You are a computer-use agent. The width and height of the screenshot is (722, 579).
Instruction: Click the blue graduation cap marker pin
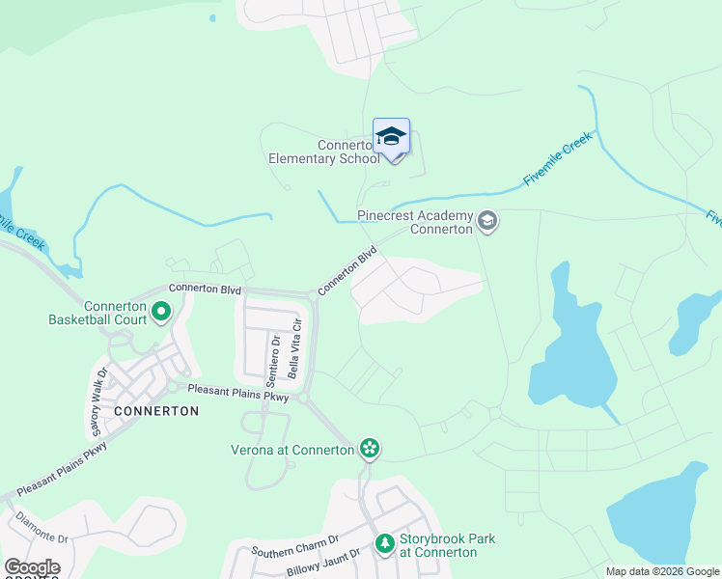point(391,138)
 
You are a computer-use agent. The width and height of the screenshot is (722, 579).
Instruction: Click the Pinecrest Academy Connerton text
point(415,223)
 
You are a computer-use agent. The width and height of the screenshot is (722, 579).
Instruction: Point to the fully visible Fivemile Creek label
point(557,160)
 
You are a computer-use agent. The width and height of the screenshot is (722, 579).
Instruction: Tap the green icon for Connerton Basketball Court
point(160,311)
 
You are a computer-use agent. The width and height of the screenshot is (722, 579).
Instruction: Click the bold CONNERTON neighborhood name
point(156,411)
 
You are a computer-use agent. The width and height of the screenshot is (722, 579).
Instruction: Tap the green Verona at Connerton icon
point(368,448)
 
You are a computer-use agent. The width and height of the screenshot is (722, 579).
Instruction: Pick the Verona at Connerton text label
point(292,449)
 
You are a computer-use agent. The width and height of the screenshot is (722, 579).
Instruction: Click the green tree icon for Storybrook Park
point(385,544)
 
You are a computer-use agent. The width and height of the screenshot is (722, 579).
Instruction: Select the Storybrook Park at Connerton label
point(438,545)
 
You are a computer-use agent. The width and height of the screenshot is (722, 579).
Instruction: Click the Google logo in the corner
point(32,567)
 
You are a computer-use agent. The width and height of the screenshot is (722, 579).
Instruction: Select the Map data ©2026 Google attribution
point(662,571)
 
